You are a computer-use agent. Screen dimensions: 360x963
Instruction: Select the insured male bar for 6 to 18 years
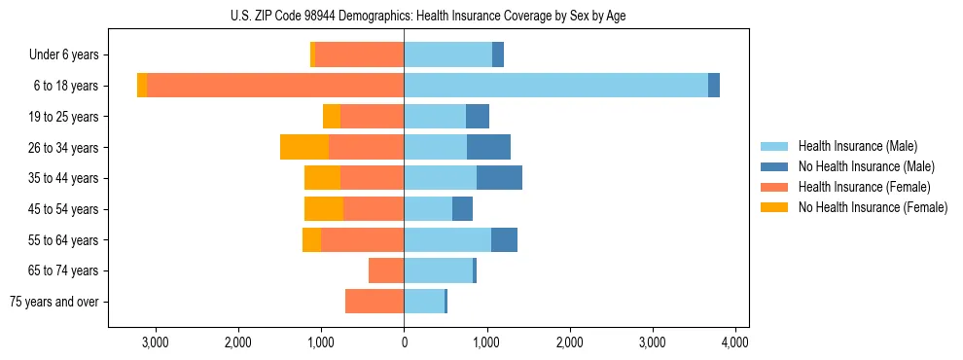[x=555, y=86]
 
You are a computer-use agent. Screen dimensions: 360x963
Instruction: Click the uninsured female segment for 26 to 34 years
[x=304, y=147]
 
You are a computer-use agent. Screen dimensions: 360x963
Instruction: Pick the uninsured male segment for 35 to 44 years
[x=499, y=178]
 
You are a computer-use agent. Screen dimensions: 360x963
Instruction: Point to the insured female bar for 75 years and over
[x=374, y=302]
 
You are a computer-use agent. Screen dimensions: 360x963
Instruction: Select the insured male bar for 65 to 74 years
[x=438, y=270]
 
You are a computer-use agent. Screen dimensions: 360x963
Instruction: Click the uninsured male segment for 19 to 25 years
[x=477, y=117]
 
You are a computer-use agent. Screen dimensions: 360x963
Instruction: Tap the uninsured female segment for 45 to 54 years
[x=324, y=208]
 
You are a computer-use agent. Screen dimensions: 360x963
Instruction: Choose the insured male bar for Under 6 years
[x=447, y=54]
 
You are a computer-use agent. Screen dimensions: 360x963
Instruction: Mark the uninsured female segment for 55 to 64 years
[x=311, y=239]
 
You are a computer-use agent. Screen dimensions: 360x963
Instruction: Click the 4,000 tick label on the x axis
[x=734, y=342]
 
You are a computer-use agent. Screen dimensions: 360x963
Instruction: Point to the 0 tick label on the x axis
[x=404, y=342]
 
